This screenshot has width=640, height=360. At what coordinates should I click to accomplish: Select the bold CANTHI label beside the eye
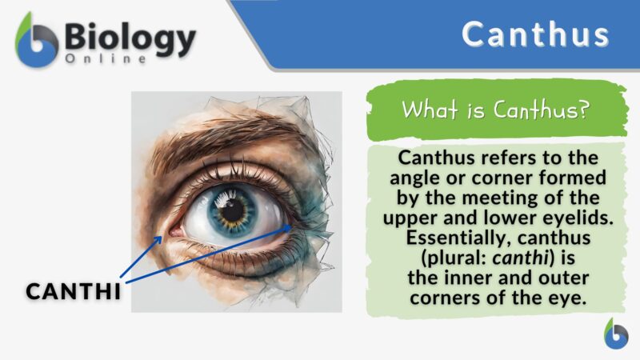point(74,291)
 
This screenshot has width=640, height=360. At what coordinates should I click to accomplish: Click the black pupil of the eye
point(234,210)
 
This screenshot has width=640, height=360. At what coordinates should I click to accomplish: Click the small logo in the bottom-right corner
point(615,334)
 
